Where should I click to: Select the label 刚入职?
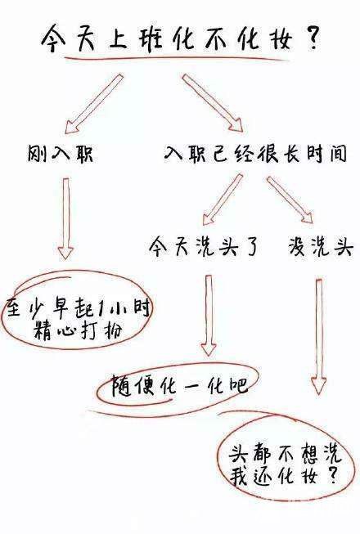click(60, 154)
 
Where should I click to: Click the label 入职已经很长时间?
click(255, 154)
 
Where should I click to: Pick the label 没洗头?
click(320, 246)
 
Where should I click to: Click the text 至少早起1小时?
click(78, 308)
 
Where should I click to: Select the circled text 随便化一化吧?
click(179, 386)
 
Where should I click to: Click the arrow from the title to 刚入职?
click(94, 104)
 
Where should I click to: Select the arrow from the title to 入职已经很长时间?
click(213, 103)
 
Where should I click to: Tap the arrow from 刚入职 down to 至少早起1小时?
click(65, 218)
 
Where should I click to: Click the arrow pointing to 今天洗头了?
click(223, 200)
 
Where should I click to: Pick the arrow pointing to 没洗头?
click(290, 200)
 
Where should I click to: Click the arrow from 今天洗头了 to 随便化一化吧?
click(209, 316)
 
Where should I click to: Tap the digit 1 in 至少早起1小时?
click(99, 308)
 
